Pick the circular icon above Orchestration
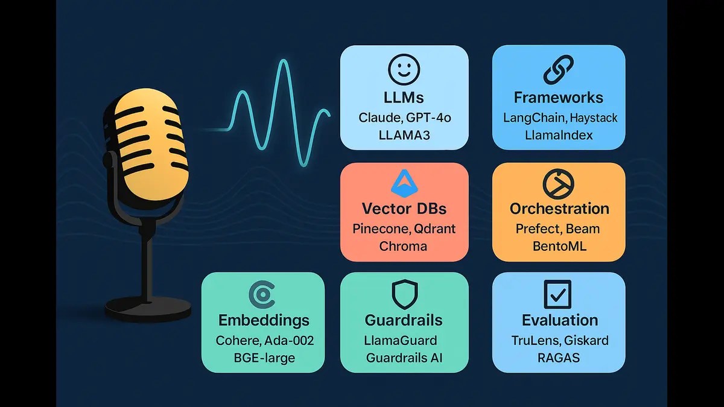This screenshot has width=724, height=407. [558, 185]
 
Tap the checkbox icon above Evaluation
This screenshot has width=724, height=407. [558, 295]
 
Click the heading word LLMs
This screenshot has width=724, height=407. [404, 97]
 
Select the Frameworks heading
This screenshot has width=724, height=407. [559, 97]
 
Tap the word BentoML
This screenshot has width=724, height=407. [559, 246]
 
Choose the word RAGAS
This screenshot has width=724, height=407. [559, 358]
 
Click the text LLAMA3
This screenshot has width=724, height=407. [404, 135]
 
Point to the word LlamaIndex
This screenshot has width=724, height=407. [559, 135]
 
